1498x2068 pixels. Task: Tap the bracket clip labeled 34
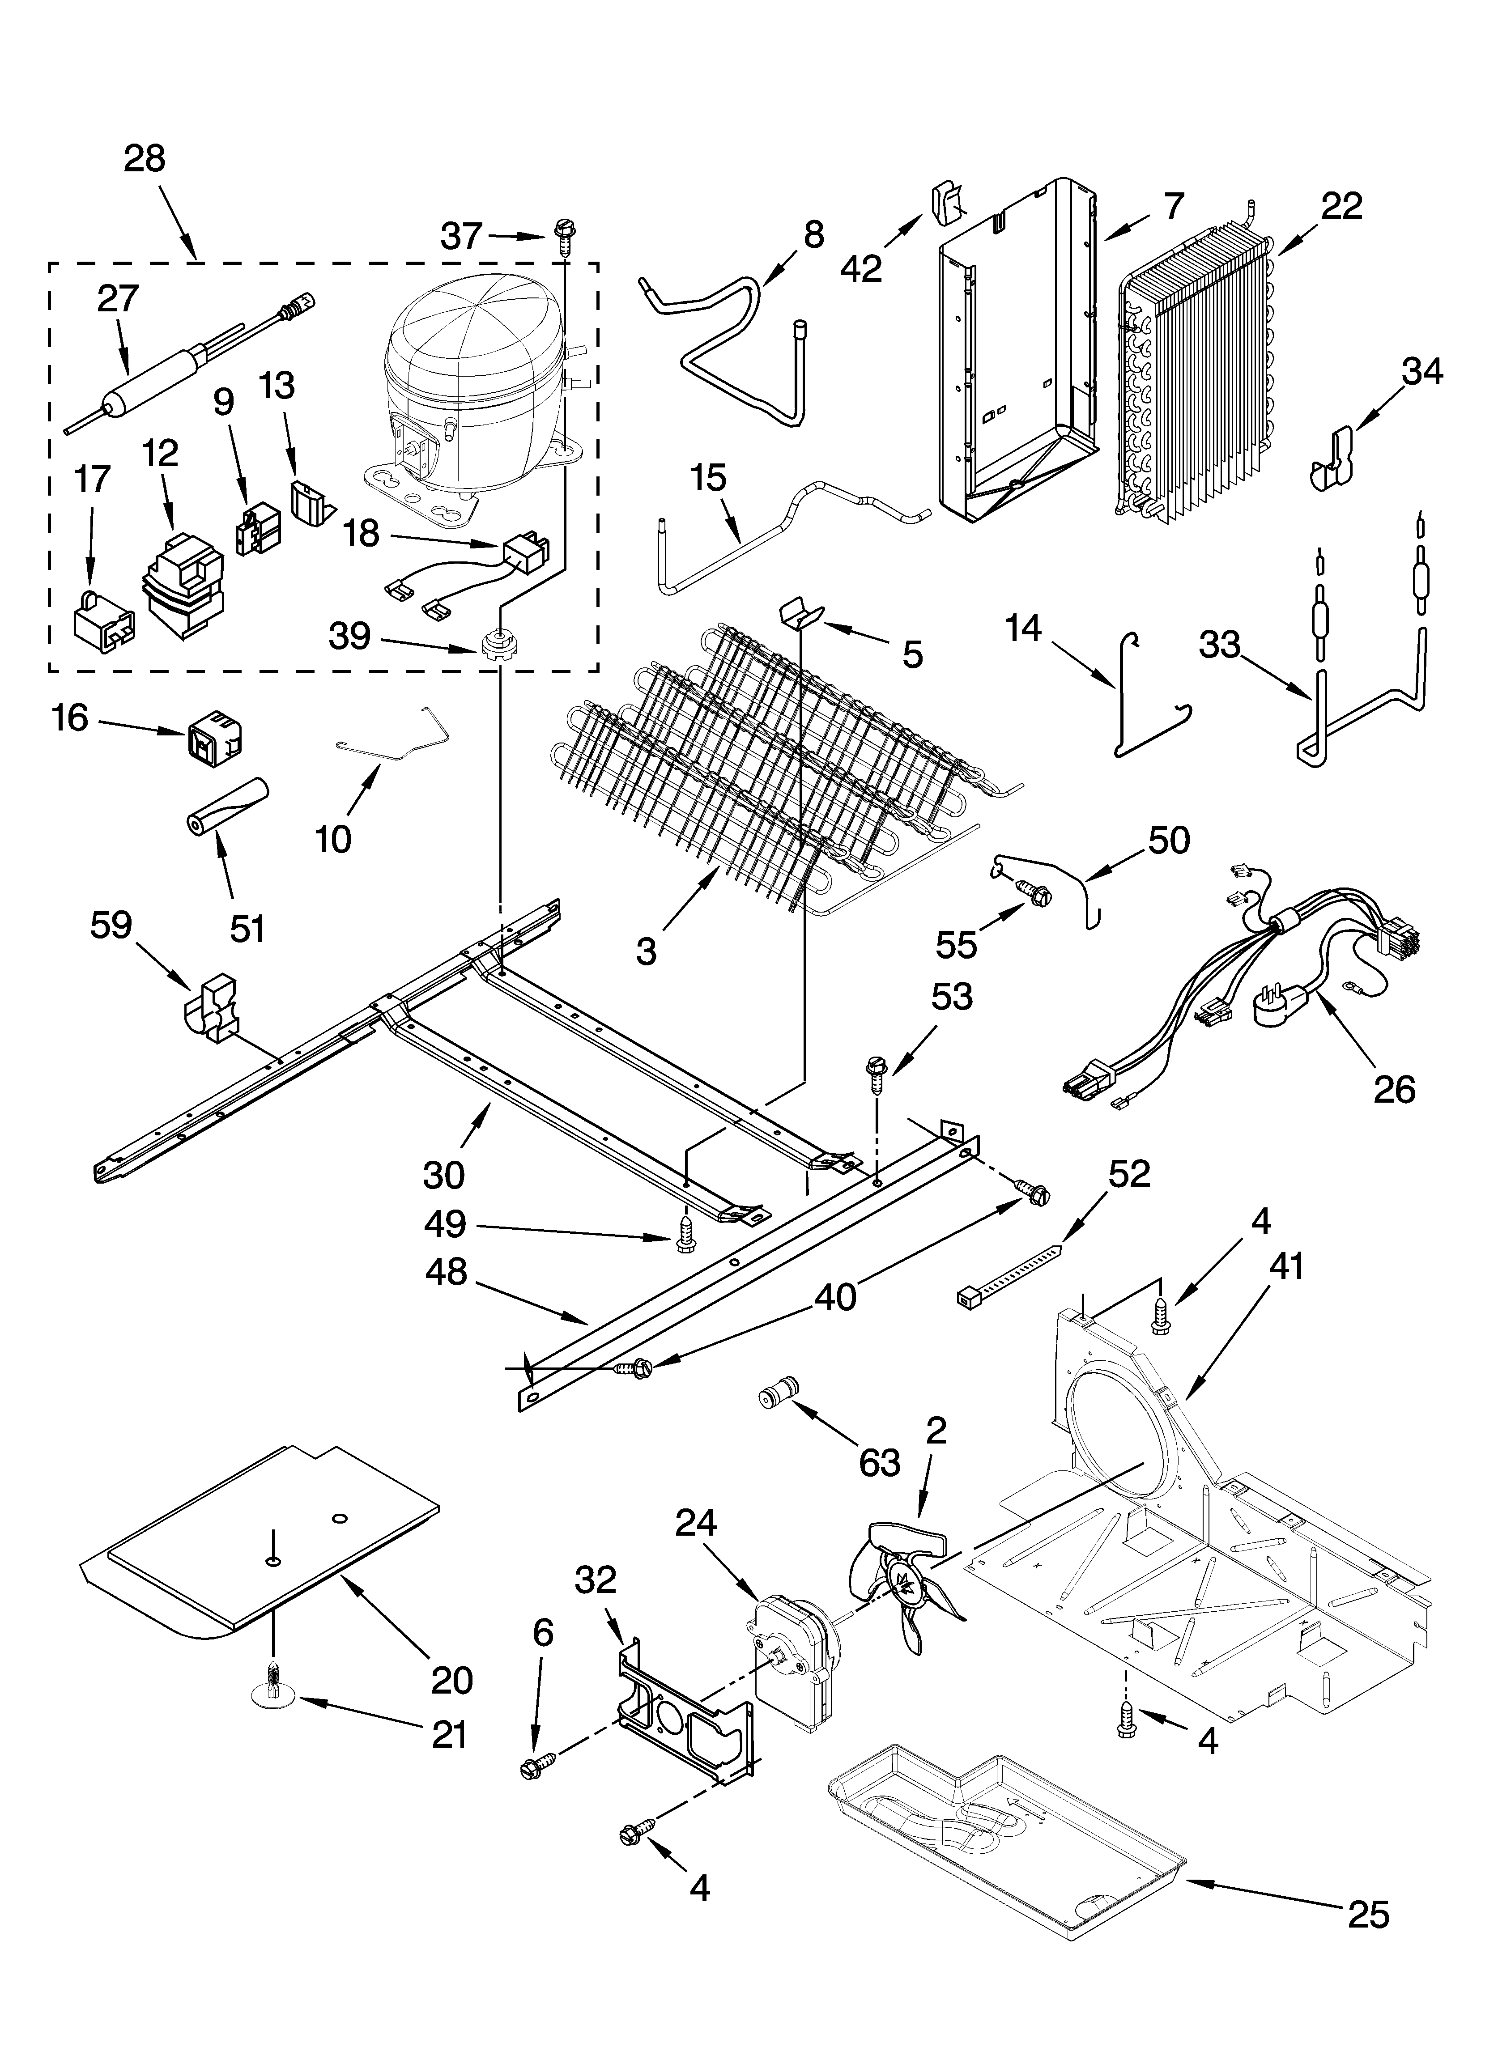point(1334,463)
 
